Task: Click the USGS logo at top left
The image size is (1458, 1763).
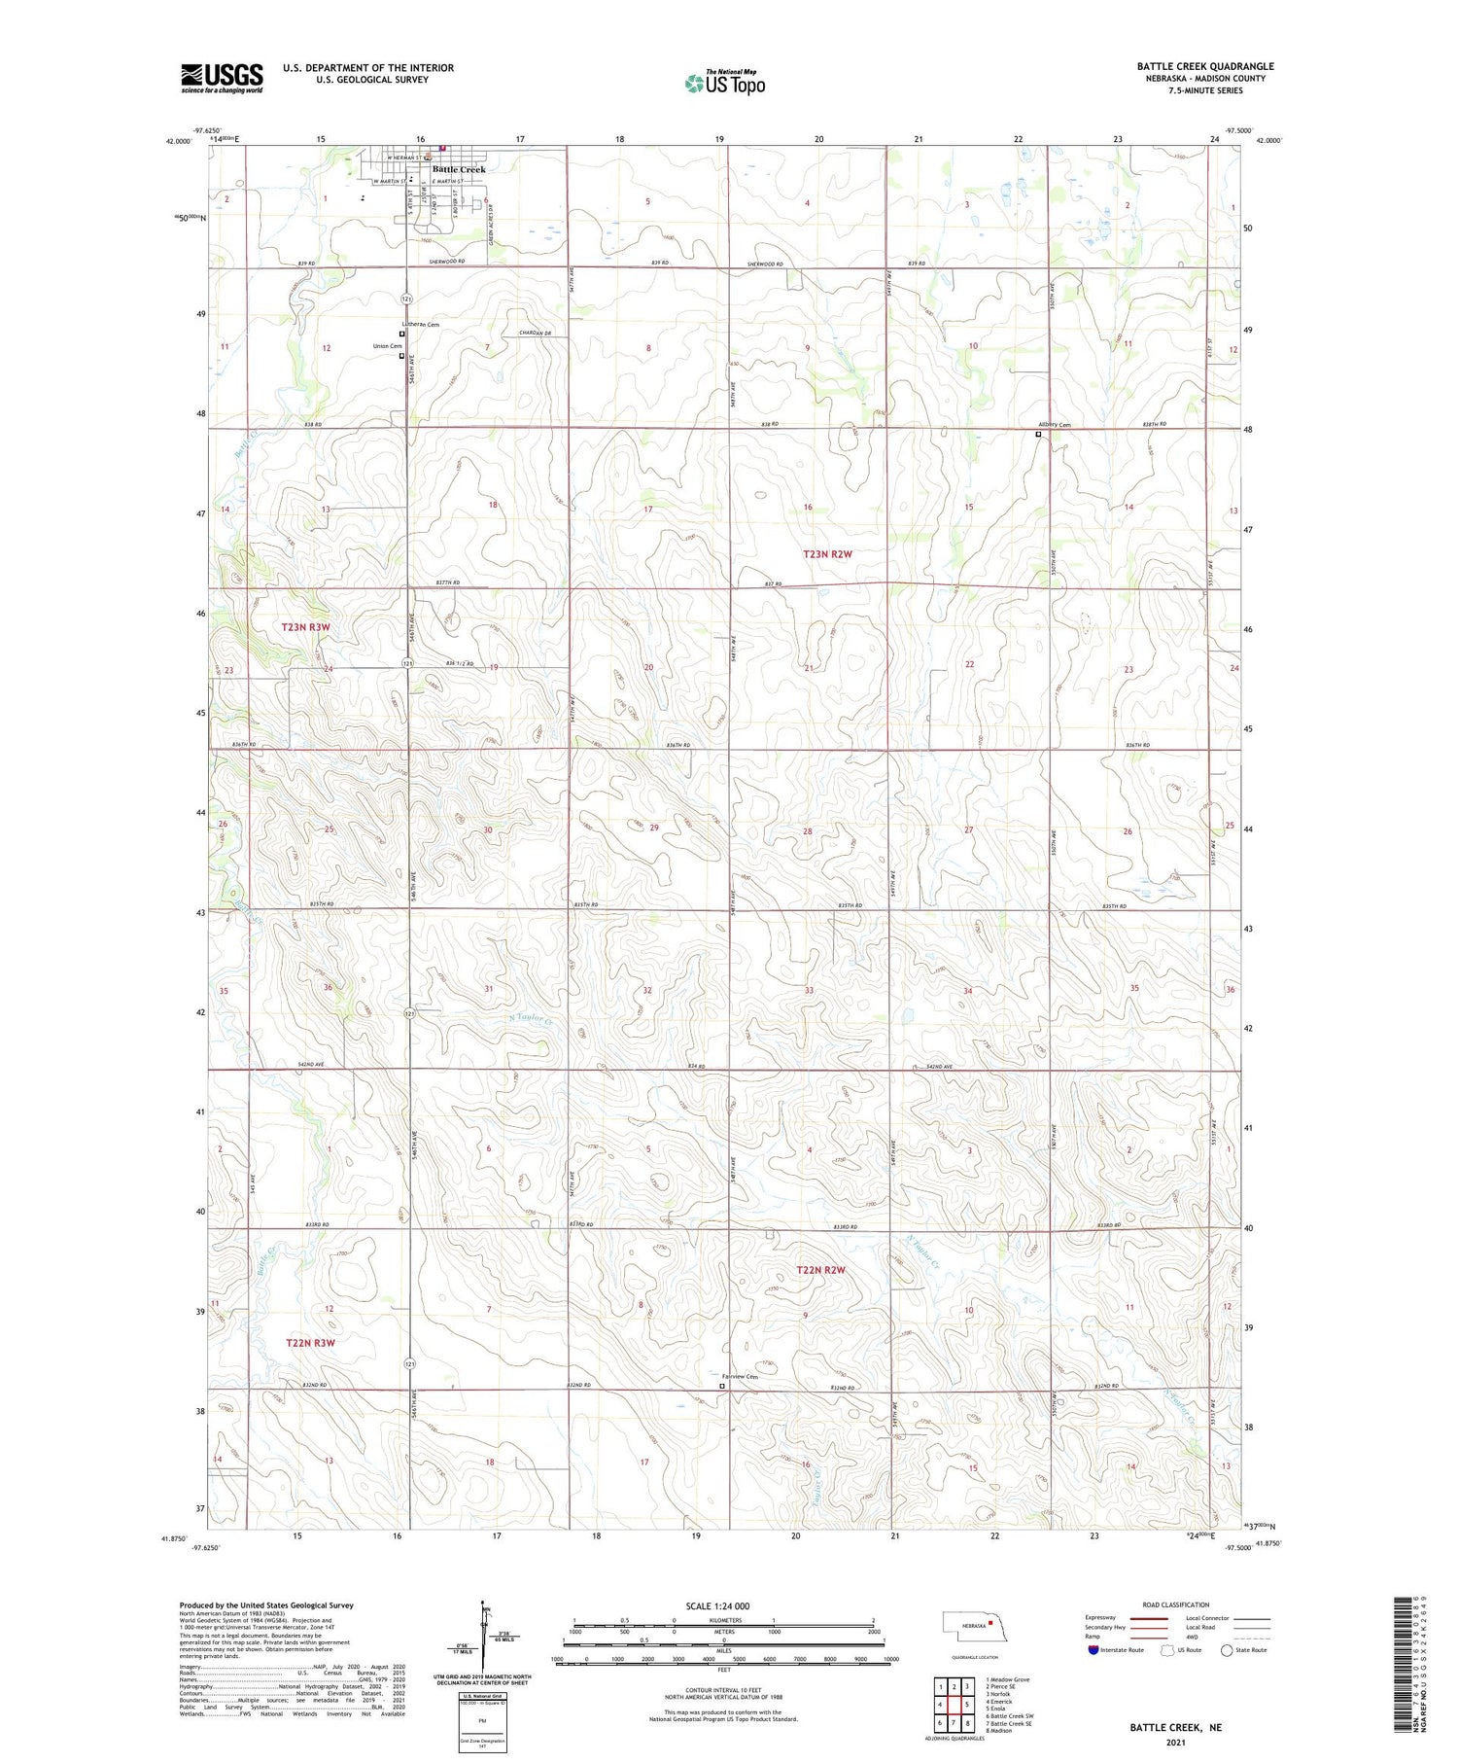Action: (x=222, y=78)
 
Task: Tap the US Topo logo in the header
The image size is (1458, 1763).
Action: (x=725, y=84)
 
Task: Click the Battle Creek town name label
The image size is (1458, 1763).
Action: (x=459, y=169)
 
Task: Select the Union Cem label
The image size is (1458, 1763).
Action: (x=387, y=346)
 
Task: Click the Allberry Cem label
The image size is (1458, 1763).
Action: (x=1054, y=425)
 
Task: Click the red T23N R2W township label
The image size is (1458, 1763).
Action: (x=827, y=554)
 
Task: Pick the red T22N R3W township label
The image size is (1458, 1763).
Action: (x=310, y=1343)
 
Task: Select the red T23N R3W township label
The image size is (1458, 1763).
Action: (x=306, y=627)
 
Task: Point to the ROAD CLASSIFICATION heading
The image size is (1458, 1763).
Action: (x=1176, y=1605)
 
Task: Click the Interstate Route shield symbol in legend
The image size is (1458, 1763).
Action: (x=1093, y=1650)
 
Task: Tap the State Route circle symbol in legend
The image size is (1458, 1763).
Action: (x=1227, y=1650)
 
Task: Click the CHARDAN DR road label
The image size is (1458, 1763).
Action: (x=536, y=334)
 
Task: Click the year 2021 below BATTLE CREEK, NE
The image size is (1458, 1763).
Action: (x=1175, y=1742)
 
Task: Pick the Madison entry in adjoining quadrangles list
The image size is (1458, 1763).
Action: (x=1001, y=1730)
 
